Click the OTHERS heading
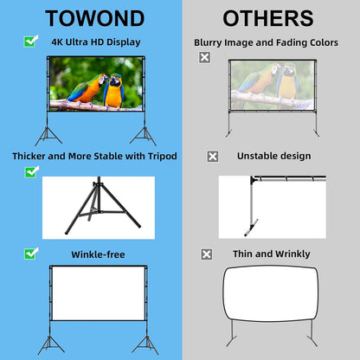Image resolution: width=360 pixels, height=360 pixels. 268,17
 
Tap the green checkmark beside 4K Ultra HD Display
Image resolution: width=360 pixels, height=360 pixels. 31,41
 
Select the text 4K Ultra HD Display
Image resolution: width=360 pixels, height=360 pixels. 95,42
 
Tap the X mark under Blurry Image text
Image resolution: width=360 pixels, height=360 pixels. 204,57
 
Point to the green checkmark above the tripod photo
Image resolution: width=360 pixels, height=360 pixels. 31,172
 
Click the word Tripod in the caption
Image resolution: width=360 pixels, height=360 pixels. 159,157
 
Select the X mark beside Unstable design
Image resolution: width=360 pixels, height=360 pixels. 212,157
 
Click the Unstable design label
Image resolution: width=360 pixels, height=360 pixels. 273,157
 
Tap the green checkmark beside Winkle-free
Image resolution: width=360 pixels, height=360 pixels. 31,254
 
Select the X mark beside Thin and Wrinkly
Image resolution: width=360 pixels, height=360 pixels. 206,254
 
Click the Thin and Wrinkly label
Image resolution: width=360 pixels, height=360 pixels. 271,254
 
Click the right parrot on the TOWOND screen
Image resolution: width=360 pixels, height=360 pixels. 112,90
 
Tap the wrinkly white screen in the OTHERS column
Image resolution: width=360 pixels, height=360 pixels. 269,298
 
